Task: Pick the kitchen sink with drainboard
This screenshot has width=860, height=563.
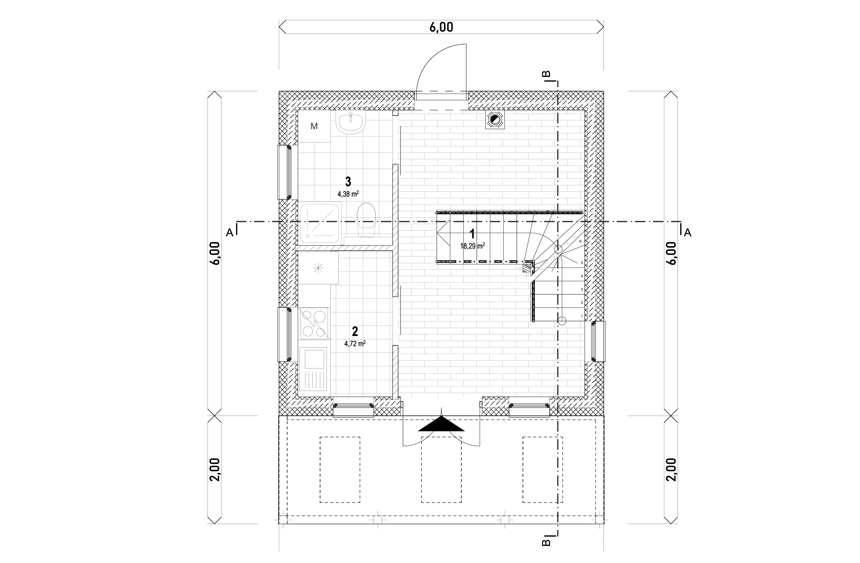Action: pos(314,369)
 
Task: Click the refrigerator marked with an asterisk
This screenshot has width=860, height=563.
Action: pos(318,268)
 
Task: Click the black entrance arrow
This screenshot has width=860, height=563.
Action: pos(441,424)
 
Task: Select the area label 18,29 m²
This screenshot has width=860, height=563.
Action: pos(472,246)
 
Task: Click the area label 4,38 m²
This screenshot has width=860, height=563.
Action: pos(348,194)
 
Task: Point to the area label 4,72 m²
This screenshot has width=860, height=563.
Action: pos(355,343)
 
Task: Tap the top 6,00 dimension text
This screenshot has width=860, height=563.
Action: pos(441,27)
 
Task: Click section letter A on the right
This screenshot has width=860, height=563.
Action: pos(688,233)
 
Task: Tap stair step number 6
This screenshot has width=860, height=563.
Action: pos(580,241)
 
